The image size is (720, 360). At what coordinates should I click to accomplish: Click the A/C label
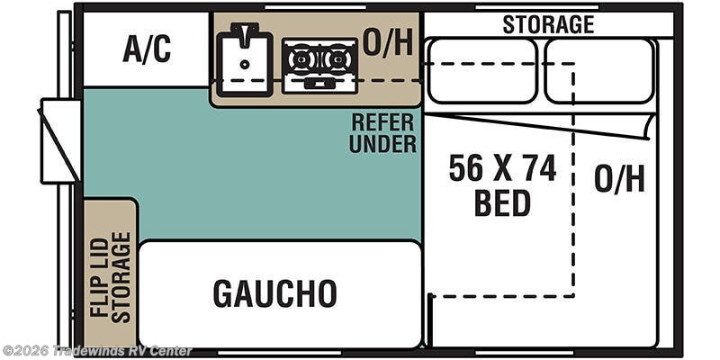tap(147, 49)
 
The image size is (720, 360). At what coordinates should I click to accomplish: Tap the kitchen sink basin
tap(245, 64)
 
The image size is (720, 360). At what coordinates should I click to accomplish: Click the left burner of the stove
tap(301, 59)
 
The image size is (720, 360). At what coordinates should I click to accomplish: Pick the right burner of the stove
tap(338, 59)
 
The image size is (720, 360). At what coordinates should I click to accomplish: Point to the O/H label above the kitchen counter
tap(388, 43)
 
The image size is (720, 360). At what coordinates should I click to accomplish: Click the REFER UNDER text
tap(383, 133)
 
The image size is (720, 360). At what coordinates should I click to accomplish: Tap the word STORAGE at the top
tap(548, 24)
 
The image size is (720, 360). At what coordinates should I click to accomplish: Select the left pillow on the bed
tap(481, 71)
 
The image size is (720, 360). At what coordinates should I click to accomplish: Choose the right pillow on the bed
tap(599, 71)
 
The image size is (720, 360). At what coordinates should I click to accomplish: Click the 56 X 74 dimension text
tap(502, 168)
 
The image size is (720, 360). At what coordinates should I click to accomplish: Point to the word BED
tap(502, 203)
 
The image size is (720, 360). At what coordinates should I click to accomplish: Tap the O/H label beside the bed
tap(619, 178)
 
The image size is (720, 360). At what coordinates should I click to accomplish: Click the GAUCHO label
tap(275, 293)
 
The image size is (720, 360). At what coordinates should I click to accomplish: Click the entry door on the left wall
tap(60, 141)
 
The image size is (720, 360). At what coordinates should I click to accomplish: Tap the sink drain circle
tap(245, 64)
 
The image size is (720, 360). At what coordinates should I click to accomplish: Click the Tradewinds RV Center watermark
tap(96, 351)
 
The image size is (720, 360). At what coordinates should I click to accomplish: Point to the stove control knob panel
tap(319, 84)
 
